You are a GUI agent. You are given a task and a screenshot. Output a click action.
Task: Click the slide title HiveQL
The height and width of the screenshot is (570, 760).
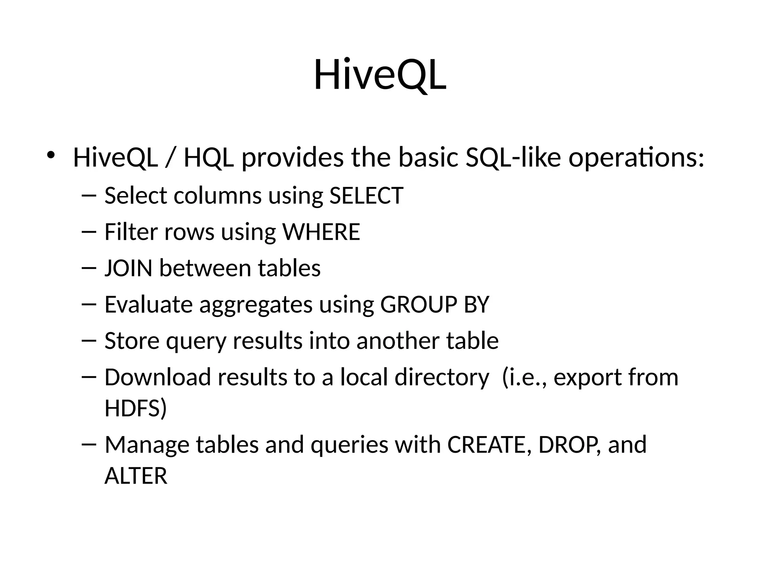(380, 75)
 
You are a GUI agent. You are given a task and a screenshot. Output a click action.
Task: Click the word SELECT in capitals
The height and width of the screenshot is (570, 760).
(366, 196)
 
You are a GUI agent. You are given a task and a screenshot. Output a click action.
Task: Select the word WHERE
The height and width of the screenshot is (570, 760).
(321, 232)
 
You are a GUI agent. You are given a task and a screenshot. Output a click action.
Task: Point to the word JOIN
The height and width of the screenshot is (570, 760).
(128, 268)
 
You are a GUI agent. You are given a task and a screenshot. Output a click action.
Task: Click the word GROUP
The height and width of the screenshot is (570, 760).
(419, 305)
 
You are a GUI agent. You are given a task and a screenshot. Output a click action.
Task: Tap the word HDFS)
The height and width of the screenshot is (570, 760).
(135, 408)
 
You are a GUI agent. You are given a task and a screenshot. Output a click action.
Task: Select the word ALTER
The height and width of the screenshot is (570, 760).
(136, 476)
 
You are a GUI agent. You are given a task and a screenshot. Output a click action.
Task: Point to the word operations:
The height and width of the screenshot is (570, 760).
(636, 158)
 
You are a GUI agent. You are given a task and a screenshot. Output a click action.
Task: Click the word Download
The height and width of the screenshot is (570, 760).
(158, 377)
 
